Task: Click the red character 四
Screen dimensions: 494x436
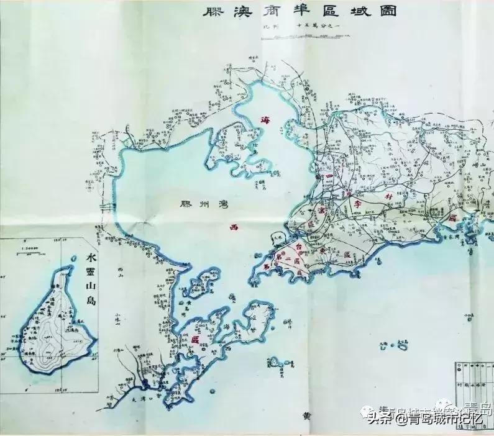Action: [327, 178]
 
